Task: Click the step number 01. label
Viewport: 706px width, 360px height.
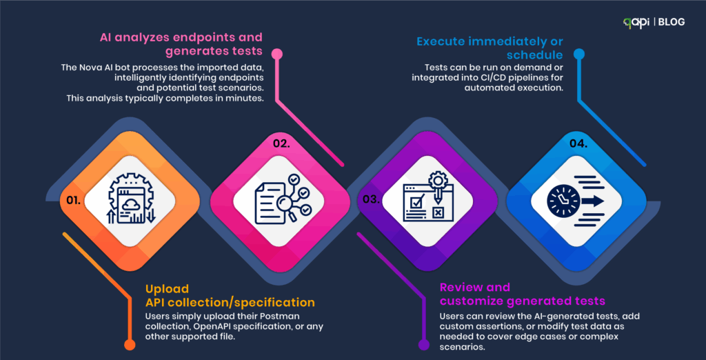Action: (73, 200)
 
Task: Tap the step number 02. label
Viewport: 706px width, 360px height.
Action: (282, 143)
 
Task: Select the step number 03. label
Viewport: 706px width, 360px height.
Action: (371, 199)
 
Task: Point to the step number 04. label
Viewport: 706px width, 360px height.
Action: (578, 143)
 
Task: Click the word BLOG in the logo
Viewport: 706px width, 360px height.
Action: (672, 22)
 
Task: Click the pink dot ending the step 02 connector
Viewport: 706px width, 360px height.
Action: (277, 54)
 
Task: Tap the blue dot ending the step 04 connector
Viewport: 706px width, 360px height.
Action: (578, 54)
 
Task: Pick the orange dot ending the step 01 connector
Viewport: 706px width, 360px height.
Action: (129, 345)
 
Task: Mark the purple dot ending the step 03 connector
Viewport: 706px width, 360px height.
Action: (423, 345)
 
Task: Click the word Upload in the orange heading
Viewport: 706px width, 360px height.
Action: (161, 288)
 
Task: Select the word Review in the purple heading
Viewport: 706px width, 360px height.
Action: (458, 287)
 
